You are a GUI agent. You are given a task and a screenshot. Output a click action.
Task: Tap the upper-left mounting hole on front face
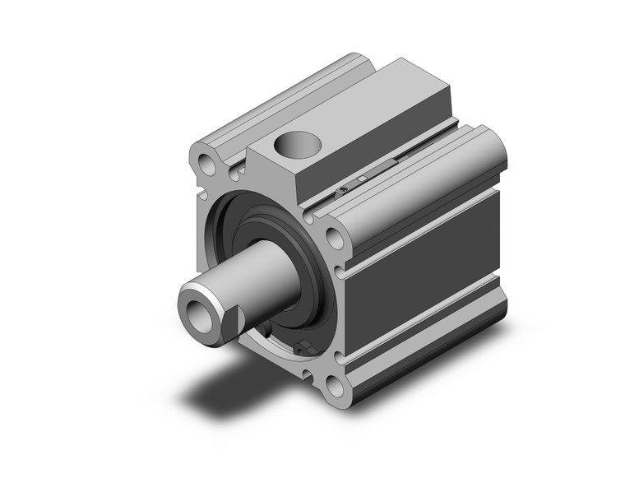[x=207, y=166]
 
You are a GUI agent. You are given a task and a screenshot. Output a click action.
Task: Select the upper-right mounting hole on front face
[x=336, y=239]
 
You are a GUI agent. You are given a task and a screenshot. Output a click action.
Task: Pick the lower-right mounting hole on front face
[x=335, y=387]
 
